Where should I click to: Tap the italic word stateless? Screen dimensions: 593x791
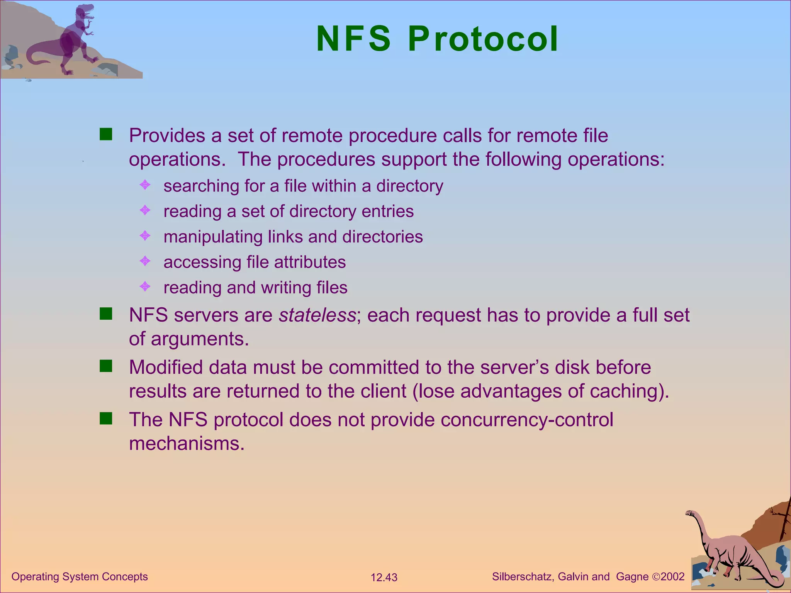317,315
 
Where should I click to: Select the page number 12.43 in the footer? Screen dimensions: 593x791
384,578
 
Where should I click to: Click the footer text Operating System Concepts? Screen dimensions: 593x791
80,576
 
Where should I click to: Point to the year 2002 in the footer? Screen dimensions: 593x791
672,577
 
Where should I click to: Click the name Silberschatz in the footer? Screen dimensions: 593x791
523,577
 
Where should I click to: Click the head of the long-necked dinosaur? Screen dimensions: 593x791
690,513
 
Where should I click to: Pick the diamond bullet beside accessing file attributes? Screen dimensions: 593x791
145,261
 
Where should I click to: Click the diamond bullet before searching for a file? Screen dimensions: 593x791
145,185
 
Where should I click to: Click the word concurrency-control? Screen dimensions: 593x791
527,420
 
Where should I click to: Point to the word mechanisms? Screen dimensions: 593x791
187,444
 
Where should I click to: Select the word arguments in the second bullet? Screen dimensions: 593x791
200,339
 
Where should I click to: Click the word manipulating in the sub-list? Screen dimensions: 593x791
213,237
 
